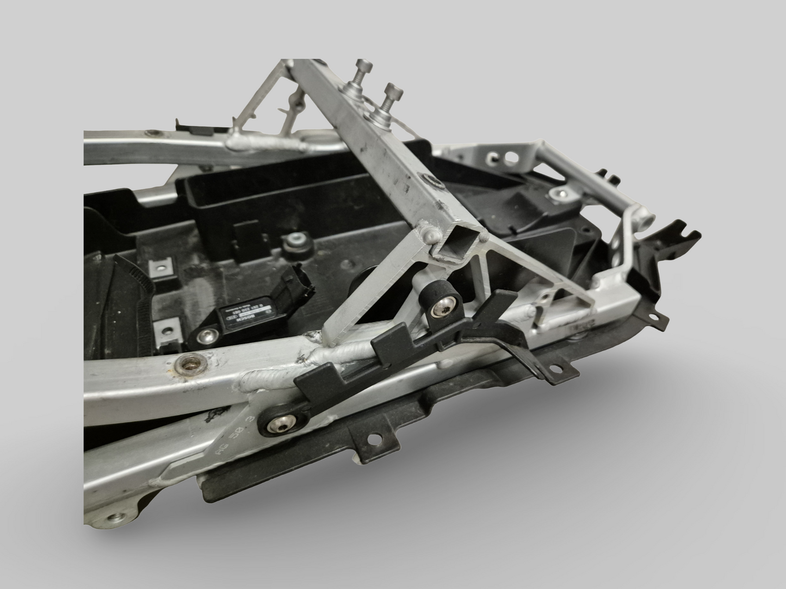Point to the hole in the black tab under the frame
(373, 437)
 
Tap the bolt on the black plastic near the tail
(558, 193)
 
